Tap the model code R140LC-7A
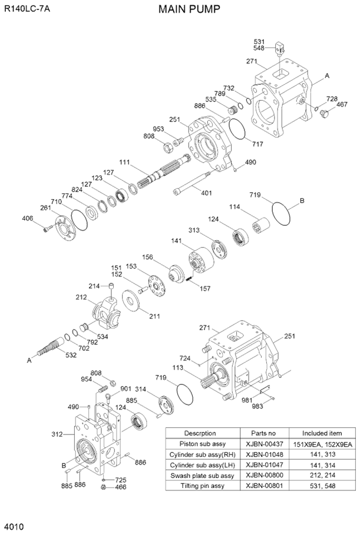[x=27, y=9]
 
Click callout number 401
[x=206, y=192]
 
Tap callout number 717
[x=257, y=144]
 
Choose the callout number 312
[x=57, y=434]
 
